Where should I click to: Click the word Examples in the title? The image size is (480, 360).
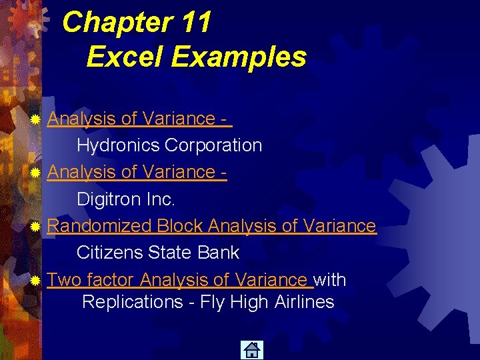(239, 57)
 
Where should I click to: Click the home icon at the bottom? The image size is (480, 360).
(252, 350)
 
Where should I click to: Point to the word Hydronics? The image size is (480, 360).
(118, 145)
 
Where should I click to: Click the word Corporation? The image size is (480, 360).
(213, 145)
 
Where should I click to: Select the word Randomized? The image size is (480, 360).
(100, 226)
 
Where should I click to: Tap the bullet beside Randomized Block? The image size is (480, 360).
(35, 227)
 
